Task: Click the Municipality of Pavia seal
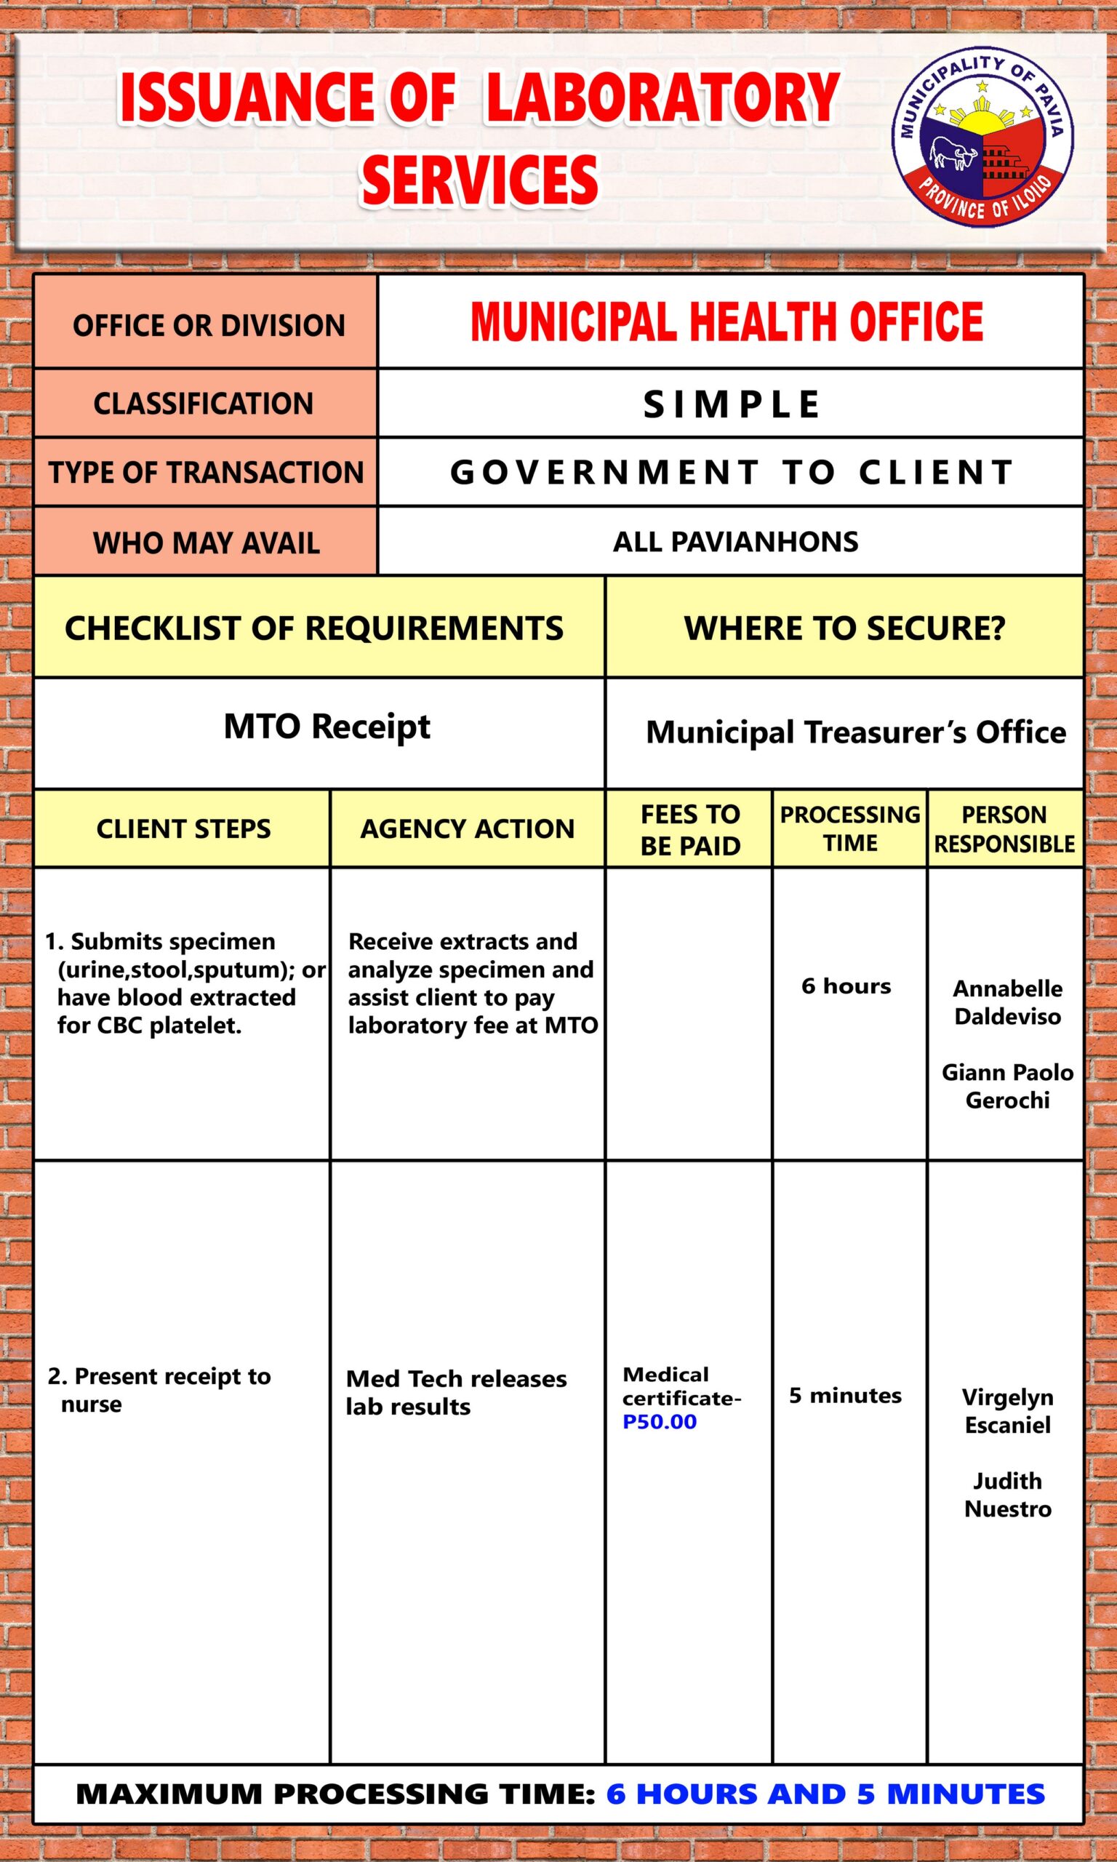[982, 140]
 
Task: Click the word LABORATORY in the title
[662, 98]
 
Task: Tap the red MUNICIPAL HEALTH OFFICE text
[726, 321]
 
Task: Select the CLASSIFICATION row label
[203, 404]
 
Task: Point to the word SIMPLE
[731, 404]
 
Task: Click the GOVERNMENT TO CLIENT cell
[731, 473]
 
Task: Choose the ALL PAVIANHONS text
[735, 542]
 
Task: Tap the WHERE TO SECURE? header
[844, 628]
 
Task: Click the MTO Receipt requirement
[327, 727]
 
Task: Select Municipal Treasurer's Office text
[856, 732]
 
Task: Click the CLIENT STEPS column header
[183, 828]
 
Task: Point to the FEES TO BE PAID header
[689, 829]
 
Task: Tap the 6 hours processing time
[846, 986]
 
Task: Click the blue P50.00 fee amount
[660, 1422]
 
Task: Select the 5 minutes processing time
[844, 1395]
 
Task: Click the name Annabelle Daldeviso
[1007, 1002]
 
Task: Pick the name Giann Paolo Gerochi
[1007, 1086]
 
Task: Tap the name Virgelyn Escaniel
[1007, 1410]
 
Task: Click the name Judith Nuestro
[1007, 1495]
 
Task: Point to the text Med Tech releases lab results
[455, 1392]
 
